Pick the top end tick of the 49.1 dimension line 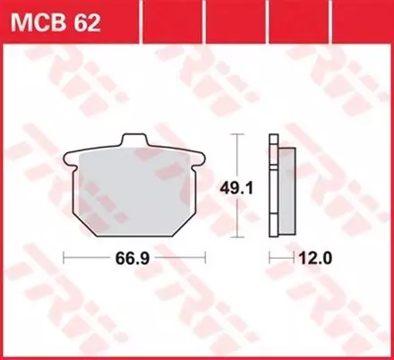click(236, 134)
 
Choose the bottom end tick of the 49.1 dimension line click(236, 239)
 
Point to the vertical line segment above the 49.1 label click(236, 157)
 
